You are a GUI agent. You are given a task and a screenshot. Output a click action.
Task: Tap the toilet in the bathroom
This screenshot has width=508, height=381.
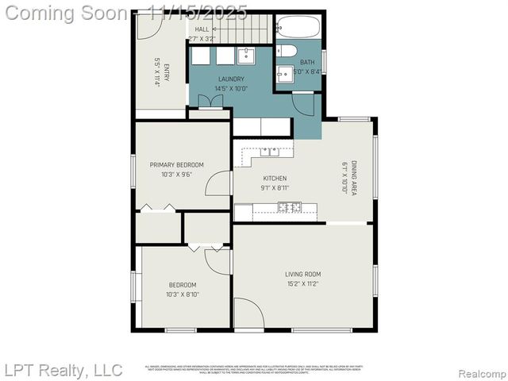click(x=285, y=52)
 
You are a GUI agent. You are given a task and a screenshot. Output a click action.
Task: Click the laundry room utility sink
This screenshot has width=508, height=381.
click(x=245, y=54)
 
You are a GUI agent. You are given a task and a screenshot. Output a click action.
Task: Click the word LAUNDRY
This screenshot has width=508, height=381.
click(x=231, y=79)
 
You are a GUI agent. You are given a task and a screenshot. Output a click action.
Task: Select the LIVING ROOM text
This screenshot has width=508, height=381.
click(x=303, y=275)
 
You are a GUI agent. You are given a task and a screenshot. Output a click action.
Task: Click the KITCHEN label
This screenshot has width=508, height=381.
click(x=275, y=179)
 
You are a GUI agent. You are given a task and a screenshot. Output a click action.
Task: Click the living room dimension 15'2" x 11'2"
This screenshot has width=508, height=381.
click(x=303, y=284)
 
